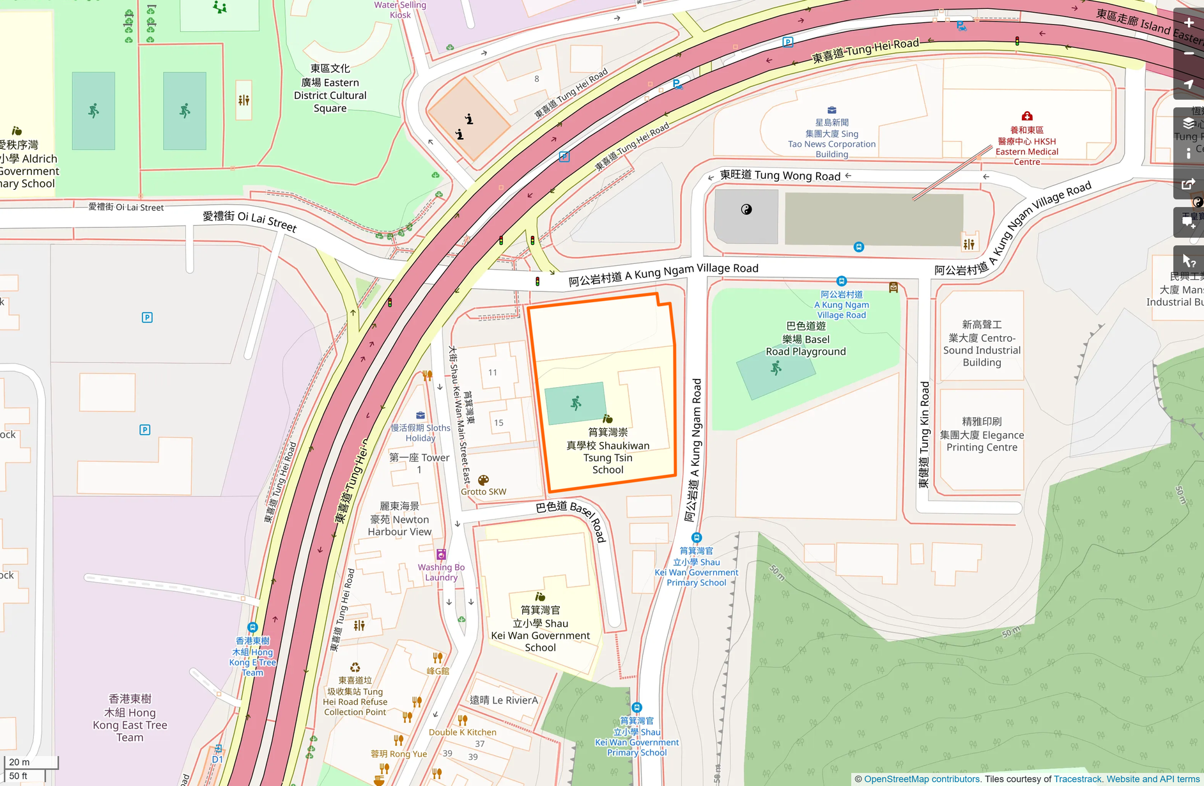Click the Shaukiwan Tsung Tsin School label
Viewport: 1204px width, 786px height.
(x=607, y=451)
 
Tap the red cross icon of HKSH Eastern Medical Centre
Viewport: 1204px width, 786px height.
(x=1026, y=116)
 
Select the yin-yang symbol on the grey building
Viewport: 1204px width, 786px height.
(x=746, y=210)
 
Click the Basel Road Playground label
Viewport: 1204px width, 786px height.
(x=805, y=339)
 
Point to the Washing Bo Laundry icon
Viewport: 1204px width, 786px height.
(x=441, y=554)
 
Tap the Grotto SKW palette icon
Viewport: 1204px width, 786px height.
(x=483, y=480)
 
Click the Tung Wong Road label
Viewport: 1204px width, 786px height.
(x=780, y=175)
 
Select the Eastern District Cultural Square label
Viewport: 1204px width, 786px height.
(x=330, y=89)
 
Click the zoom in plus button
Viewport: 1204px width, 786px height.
(x=1188, y=23)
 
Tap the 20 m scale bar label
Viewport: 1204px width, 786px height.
(x=19, y=762)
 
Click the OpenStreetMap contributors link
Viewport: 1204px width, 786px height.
(x=921, y=779)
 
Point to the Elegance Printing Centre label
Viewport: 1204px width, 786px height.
(x=982, y=435)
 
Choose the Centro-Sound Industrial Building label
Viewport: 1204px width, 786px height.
(x=982, y=344)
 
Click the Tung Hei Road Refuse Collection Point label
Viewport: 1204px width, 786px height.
(x=355, y=697)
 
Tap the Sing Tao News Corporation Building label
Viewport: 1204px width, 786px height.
(x=831, y=138)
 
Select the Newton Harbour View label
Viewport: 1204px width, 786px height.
(x=399, y=519)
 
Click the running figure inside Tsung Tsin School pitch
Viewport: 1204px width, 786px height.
(x=576, y=403)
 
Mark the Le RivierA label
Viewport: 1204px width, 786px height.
(x=504, y=700)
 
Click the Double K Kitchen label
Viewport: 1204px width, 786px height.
(x=462, y=732)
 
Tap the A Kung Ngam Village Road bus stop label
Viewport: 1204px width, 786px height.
(x=841, y=304)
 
